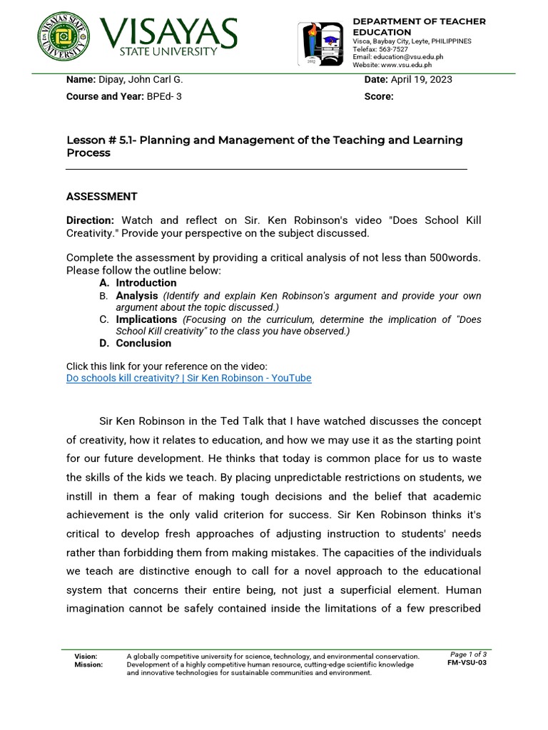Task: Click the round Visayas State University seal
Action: (x=64, y=37)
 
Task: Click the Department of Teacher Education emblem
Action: (x=321, y=44)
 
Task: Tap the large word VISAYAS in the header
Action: (x=168, y=32)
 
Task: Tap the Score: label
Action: (x=379, y=97)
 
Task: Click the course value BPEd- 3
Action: (x=164, y=97)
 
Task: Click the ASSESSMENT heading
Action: (x=101, y=197)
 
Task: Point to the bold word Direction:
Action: (x=90, y=221)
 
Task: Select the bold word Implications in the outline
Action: (x=146, y=319)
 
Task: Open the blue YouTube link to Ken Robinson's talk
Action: (x=188, y=378)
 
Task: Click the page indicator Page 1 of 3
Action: (x=468, y=654)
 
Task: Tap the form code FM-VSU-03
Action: (x=467, y=663)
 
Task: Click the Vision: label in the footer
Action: (x=86, y=656)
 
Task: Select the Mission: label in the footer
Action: (x=88, y=664)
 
